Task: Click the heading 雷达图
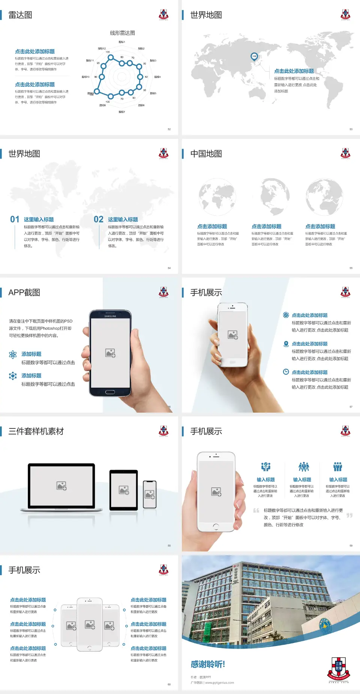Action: (20, 15)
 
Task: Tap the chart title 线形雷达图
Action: (122, 33)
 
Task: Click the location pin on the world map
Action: (254, 57)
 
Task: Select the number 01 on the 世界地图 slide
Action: (15, 219)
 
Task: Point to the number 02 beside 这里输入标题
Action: (99, 219)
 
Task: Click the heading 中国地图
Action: (206, 154)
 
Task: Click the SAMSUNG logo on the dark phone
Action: (110, 316)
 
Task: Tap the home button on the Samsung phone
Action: (110, 392)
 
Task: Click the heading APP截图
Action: (24, 293)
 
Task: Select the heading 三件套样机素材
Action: (36, 431)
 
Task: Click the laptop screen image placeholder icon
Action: (61, 486)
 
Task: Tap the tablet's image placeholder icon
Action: (124, 490)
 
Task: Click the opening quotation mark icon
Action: (256, 511)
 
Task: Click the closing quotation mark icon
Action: (349, 515)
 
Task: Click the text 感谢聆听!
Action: (208, 664)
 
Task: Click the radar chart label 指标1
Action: (122, 42)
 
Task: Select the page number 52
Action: (169, 129)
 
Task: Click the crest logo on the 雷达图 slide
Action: (163, 15)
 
